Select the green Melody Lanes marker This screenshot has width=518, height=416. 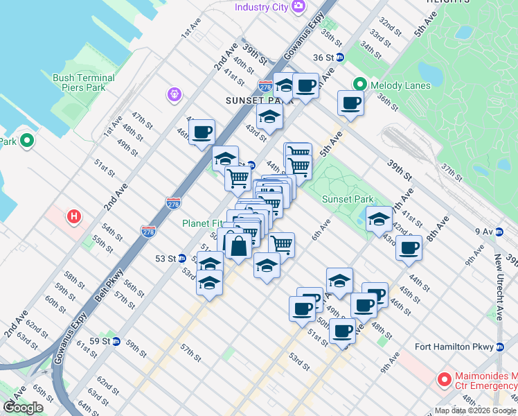[359, 85]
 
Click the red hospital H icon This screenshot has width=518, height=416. [74, 217]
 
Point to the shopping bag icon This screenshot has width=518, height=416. [238, 246]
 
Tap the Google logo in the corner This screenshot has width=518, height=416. [23, 408]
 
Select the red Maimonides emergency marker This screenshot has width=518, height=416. [444, 380]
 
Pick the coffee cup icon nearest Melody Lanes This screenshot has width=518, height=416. [350, 103]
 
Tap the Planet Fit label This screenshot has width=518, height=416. [202, 223]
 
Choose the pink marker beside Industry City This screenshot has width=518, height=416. [298, 7]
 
